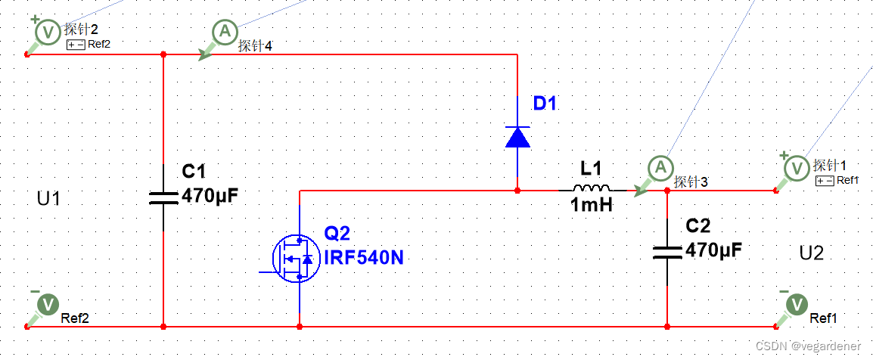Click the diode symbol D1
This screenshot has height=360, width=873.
click(x=517, y=136)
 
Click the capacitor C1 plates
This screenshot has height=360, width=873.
click(x=163, y=197)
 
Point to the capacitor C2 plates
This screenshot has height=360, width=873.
click(x=667, y=250)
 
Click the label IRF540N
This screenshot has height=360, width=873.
click(x=364, y=258)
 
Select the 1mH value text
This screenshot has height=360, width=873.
click(x=591, y=205)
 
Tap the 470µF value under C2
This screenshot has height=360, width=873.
click(x=713, y=249)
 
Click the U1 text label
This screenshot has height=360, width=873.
click(x=48, y=199)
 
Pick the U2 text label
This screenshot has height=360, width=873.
click(x=811, y=253)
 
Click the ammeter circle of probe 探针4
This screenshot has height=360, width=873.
click(x=223, y=32)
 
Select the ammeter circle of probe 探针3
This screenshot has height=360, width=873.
click(x=660, y=167)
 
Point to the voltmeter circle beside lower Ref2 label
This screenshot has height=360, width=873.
click(x=48, y=304)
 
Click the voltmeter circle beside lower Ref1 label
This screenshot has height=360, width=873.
click(x=796, y=304)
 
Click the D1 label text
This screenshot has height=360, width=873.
click(x=545, y=104)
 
